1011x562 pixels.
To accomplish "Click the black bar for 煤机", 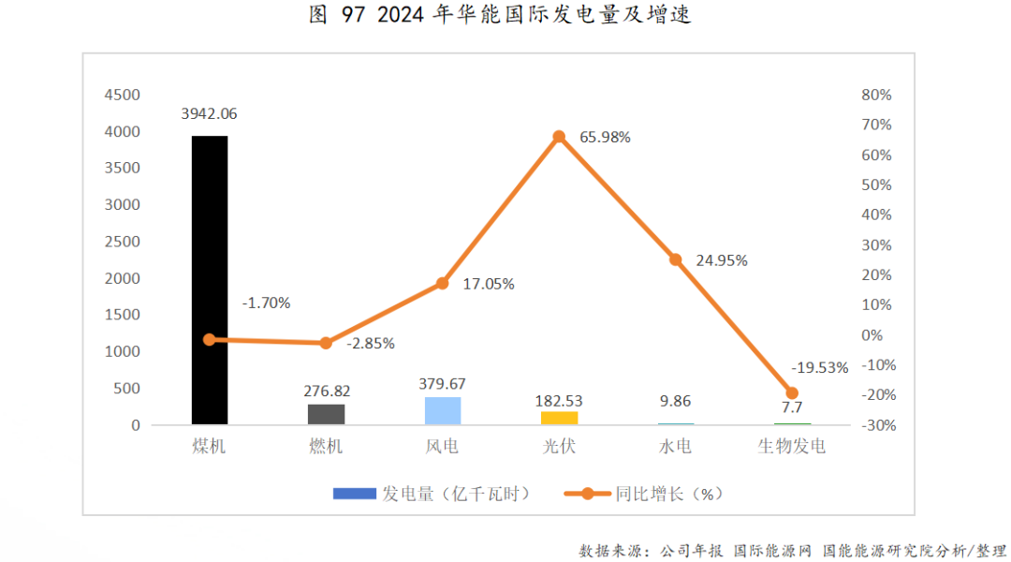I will coord(210,280).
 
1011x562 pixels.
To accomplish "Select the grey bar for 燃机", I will coord(326,414).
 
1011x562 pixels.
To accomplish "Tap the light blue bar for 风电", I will coord(443,410).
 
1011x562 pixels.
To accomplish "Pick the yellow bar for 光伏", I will coord(559,418).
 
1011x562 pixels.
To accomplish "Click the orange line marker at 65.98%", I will coord(559,137).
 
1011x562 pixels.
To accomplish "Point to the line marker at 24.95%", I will coord(676,259).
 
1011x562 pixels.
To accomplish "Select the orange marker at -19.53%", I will coord(792,393).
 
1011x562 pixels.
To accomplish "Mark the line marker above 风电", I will coord(443,283).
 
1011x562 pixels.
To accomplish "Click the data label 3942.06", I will coord(208,114).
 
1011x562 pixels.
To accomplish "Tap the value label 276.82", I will coord(326,391).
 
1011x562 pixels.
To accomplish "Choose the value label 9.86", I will coord(675,401).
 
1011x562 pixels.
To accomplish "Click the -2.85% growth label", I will coord(371,344).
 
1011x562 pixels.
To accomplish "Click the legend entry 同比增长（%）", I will coord(646,494).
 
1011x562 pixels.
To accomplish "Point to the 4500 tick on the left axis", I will coord(122,95).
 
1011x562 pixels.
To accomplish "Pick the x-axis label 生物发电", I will coord(792,447).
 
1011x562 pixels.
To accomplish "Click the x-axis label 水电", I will coord(675,447).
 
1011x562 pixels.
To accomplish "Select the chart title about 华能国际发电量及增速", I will coord(501,16).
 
